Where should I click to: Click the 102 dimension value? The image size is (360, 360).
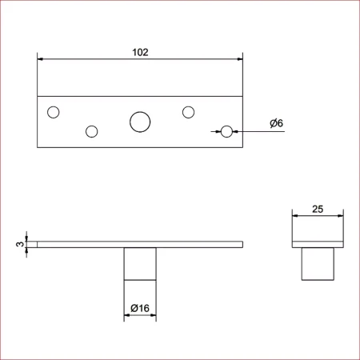pyautogui.click(x=140, y=52)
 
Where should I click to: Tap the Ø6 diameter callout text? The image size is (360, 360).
pyautogui.click(x=276, y=123)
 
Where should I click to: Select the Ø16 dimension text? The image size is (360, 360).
pyautogui.click(x=140, y=308)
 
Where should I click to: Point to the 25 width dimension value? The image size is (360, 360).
pyautogui.click(x=318, y=209)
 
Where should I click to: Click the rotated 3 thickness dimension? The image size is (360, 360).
pyautogui.click(x=20, y=244)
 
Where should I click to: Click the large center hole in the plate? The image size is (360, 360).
pyautogui.click(x=140, y=122)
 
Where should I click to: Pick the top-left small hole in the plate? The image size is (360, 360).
pyautogui.click(x=54, y=112)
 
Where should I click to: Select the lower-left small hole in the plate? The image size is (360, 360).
pyautogui.click(x=92, y=131)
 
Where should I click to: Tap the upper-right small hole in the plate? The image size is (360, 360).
pyautogui.click(x=188, y=112)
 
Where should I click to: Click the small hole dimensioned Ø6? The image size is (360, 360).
pyautogui.click(x=226, y=131)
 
